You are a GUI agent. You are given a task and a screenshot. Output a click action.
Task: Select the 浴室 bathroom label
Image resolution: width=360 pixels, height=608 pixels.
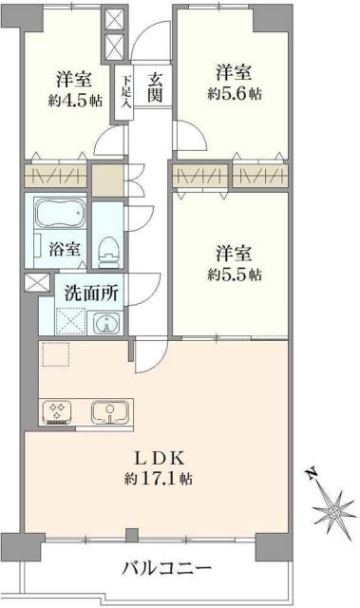pos(64,250)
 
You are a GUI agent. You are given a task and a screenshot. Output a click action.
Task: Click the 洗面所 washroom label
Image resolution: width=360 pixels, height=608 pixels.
pos(91,293)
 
